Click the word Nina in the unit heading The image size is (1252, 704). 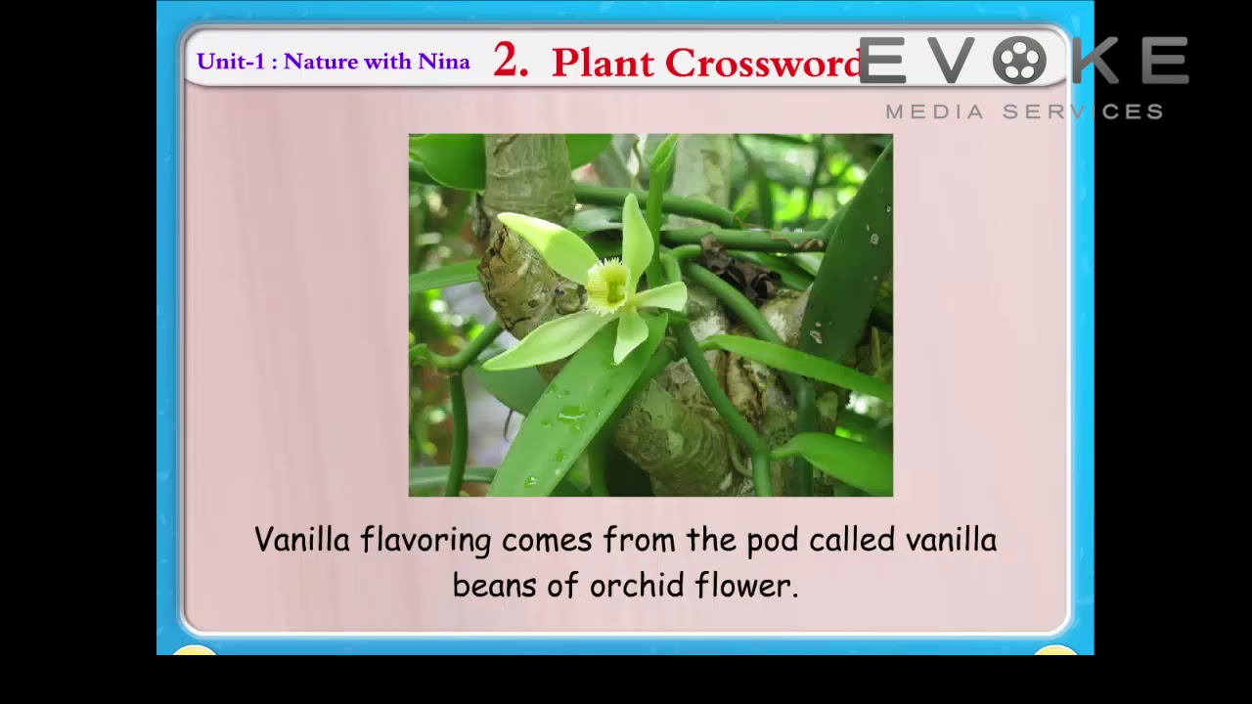pos(444,62)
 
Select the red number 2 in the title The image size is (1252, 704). pos(510,61)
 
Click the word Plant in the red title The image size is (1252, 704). pos(603,63)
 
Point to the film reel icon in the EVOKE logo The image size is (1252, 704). pos(1020,61)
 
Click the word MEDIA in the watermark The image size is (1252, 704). pos(934,111)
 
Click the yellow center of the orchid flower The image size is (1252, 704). pos(608,284)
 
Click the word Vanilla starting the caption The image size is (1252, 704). pos(302,540)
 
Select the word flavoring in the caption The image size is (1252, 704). pos(425,541)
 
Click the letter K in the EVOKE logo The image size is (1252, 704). pos(1096,61)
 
